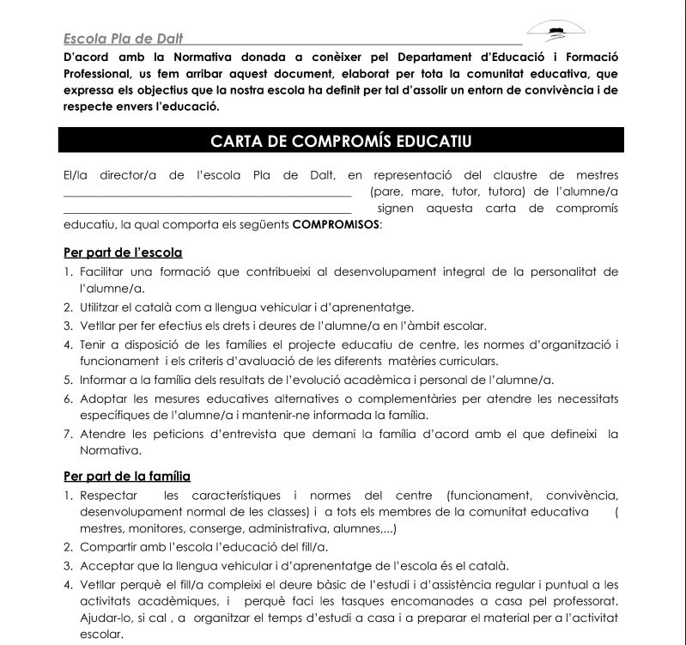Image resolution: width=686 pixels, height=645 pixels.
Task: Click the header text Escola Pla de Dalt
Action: (x=123, y=39)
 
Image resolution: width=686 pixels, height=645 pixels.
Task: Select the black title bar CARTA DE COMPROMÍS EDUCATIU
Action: (x=341, y=141)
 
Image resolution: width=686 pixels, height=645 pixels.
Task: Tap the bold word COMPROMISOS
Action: (x=336, y=225)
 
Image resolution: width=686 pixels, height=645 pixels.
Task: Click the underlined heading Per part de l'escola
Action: (x=123, y=253)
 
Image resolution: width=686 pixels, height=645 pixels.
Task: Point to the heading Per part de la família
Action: (x=127, y=476)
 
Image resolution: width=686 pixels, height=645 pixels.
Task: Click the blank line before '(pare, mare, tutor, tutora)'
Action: (x=207, y=193)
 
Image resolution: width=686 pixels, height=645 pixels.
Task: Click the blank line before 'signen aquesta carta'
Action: (x=207, y=210)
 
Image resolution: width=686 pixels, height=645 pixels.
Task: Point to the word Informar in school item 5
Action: (x=105, y=380)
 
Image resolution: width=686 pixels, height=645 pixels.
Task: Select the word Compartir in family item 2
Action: (x=109, y=546)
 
